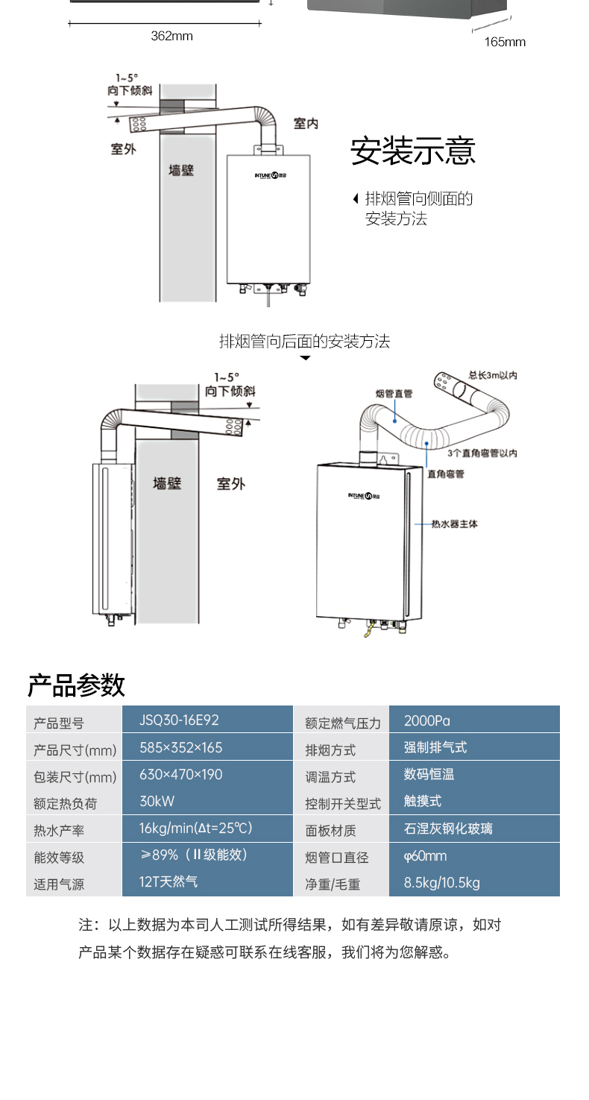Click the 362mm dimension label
(171, 36)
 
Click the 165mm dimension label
(505, 42)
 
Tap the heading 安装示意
(412, 151)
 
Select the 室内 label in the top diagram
(305, 124)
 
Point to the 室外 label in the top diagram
(124, 149)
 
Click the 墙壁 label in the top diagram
(181, 170)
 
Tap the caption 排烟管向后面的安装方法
(304, 342)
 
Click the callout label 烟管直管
(394, 393)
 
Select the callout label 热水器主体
(455, 524)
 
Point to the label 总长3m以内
(493, 375)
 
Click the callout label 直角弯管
(446, 474)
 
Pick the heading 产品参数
(76, 685)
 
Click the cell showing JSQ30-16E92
(179, 720)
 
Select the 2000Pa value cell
(427, 720)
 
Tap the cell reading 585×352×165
(181, 747)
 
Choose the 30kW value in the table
(157, 801)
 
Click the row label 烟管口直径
(336, 858)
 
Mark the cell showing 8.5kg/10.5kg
(442, 883)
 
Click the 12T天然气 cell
(169, 881)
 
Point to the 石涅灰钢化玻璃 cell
(448, 829)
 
